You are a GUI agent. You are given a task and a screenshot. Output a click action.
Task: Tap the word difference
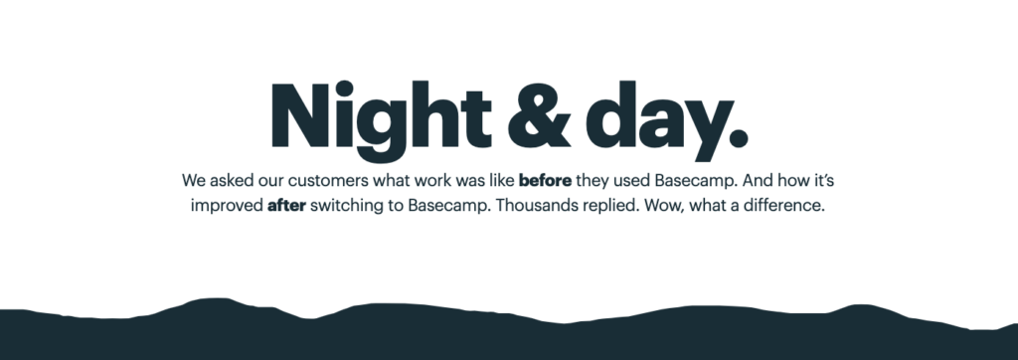point(783,210)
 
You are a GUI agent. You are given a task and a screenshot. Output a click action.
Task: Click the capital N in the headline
point(296,114)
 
